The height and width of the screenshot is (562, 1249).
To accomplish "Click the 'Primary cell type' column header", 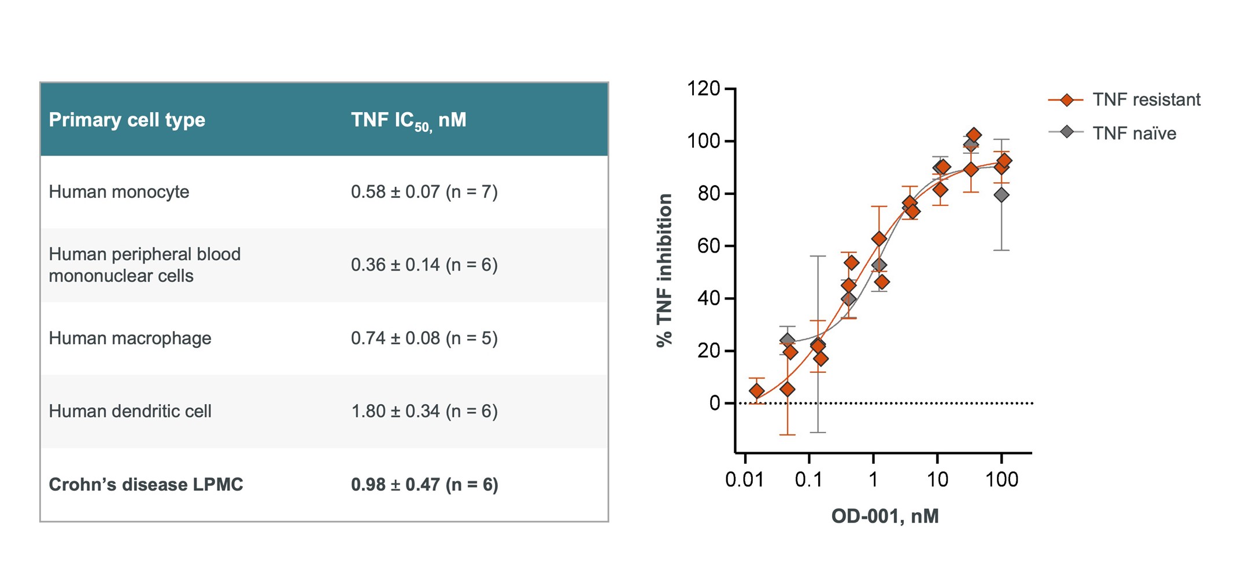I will coord(127,120).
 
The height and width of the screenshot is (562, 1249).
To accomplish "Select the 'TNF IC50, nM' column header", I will coord(408,120).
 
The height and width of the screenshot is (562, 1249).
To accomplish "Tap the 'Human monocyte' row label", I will coord(119,192).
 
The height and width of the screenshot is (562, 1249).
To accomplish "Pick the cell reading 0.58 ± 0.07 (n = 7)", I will coord(424,192).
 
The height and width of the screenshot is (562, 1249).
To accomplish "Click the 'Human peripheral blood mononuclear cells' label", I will coord(144,265).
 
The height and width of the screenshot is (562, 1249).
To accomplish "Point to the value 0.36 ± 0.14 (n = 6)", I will coord(424,265).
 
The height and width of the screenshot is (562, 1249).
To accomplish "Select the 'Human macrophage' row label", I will coord(130,338).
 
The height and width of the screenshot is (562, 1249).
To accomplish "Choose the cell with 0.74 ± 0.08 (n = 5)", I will coord(424,338).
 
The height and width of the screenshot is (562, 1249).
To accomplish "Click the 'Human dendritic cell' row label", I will coord(130,411).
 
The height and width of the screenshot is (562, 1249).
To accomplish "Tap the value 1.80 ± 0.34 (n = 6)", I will coord(424,411).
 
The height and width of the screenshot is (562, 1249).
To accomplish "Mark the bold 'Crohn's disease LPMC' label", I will coord(146,485).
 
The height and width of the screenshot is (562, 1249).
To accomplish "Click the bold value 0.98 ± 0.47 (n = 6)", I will coord(424,485).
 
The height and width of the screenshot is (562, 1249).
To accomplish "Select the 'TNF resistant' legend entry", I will coord(1146,100).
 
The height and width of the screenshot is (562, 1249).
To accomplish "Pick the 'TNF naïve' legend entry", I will coord(1134,134).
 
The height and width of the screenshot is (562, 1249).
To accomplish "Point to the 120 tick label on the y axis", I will coord(703,88).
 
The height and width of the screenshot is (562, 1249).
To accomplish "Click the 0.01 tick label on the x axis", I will coord(744,479).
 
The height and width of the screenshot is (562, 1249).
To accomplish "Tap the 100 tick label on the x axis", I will coord(1002,479).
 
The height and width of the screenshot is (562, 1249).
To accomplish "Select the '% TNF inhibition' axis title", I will coord(664,270).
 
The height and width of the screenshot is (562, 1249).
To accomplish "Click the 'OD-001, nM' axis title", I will coord(885,516).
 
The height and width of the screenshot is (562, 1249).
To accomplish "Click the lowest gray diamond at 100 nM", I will coord(1002,195).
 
